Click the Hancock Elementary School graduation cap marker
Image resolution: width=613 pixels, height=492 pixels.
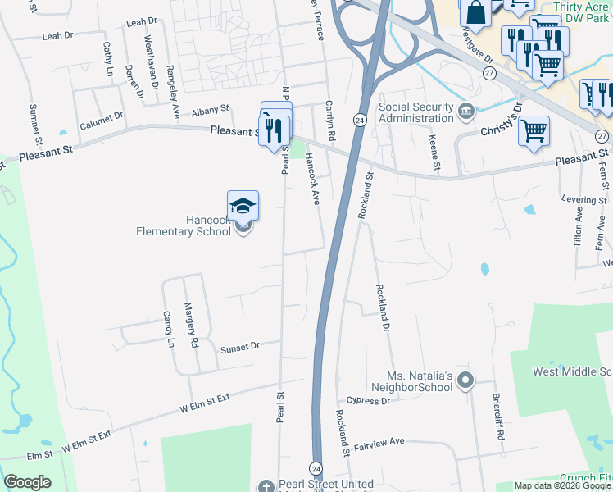click(x=243, y=206)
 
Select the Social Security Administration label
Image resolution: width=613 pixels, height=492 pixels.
click(x=415, y=112)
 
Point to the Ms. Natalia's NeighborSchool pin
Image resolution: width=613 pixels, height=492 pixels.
click(x=465, y=380)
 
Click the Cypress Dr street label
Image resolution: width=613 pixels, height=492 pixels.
click(x=368, y=401)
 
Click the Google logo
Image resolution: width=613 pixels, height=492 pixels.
click(x=27, y=482)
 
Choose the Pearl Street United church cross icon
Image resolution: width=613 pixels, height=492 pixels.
click(x=265, y=486)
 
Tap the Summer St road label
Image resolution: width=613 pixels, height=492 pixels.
click(x=34, y=120)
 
